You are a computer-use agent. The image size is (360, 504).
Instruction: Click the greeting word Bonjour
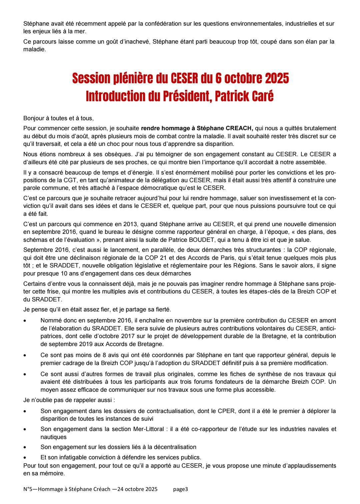[34, 118]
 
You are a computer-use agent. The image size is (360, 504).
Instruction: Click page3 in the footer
[181, 489]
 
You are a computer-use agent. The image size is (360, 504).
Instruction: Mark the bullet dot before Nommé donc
[25, 320]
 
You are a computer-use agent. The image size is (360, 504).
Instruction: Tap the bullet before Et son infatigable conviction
[25, 457]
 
